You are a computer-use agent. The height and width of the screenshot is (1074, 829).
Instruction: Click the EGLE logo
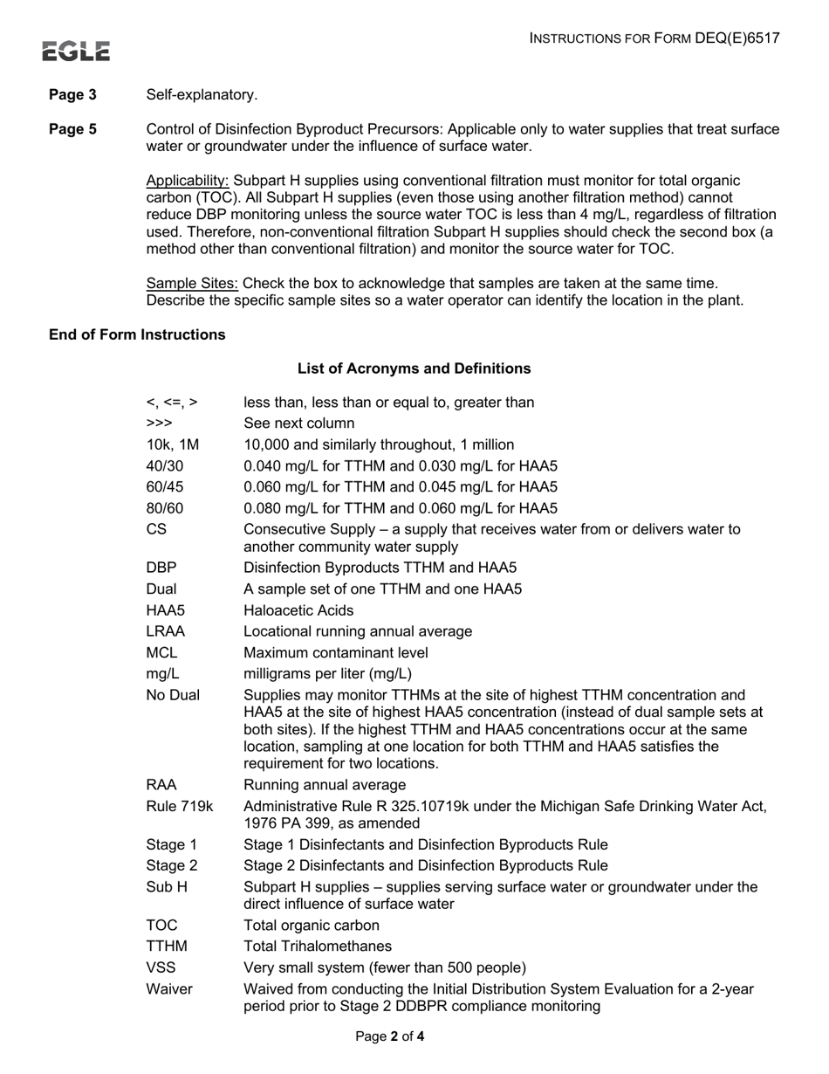pos(78,52)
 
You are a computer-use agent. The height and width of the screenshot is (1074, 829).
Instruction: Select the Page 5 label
pos(72,129)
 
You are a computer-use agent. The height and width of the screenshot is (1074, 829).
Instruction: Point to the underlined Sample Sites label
pos(192,283)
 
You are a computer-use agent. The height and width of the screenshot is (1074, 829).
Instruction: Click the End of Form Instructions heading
pos(137,334)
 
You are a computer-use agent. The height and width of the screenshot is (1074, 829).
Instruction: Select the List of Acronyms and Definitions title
pos(414,368)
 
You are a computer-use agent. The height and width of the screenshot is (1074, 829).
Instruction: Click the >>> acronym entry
pos(159,423)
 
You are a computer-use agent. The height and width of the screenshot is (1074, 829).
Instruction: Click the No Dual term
pos(173,695)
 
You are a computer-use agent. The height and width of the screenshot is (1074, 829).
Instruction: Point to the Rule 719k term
pos(180,806)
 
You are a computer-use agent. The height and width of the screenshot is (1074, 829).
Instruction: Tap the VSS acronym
pos(161,967)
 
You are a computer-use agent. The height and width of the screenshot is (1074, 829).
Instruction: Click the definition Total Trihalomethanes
pos(318,947)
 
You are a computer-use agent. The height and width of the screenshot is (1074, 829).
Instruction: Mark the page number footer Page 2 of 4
pos(390,1037)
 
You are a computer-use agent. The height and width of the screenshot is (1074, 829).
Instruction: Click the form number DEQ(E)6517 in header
pos(737,38)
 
